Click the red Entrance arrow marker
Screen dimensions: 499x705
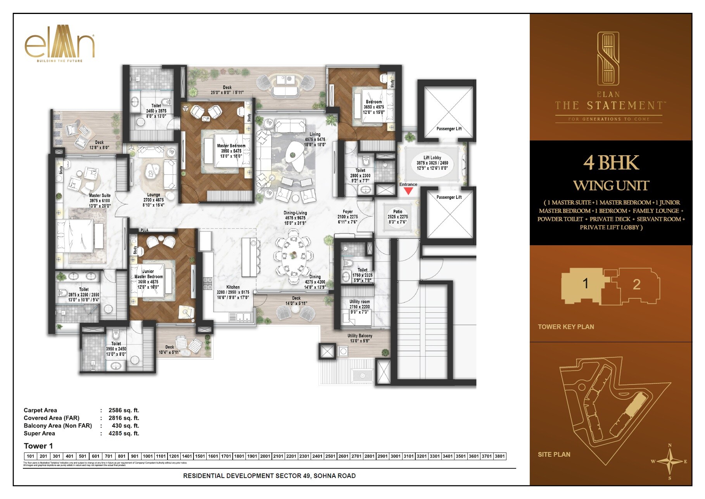[408, 191]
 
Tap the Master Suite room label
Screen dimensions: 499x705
[100, 196]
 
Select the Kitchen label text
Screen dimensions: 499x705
[233, 287]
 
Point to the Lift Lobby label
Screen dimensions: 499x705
[432, 158]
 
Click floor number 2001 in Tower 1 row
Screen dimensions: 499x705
[265, 456]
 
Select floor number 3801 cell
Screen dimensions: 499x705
[499, 456]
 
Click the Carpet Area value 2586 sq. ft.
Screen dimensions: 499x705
[124, 410]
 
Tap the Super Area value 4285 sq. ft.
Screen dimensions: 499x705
[124, 433]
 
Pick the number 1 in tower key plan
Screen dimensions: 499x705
[586, 284]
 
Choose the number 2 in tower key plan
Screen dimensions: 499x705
[636, 284]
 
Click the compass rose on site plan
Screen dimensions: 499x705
[669, 461]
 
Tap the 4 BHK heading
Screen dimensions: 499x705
[611, 163]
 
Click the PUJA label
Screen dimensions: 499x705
[144, 230]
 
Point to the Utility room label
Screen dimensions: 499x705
[359, 301]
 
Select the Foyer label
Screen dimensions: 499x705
[347, 211]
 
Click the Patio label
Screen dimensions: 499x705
[397, 211]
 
